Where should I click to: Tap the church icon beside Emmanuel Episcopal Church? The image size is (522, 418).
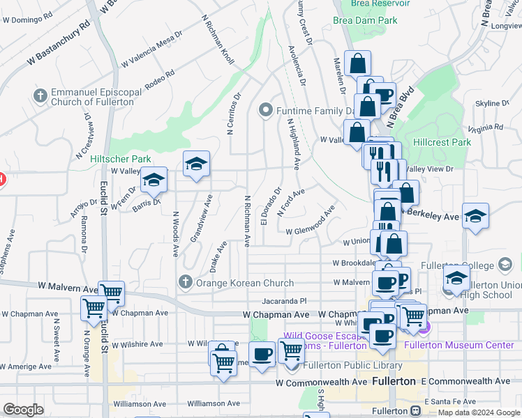click(40, 95)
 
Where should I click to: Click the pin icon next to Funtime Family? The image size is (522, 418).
click(264, 110)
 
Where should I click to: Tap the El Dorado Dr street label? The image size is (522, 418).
click(270, 206)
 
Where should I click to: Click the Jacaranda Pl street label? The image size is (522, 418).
click(285, 301)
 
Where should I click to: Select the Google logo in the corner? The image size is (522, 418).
click(23, 410)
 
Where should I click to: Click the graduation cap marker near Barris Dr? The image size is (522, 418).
click(154, 181)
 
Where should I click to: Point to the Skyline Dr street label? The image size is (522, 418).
click(492, 103)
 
